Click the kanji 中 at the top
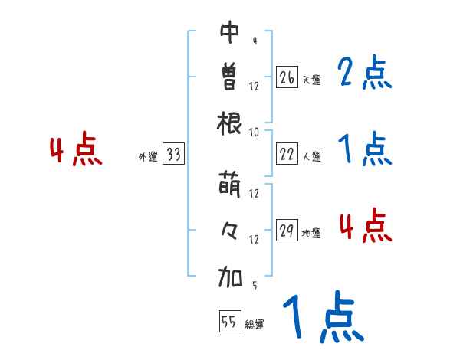point(230,32)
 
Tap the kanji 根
point(230,122)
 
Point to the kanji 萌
point(230,184)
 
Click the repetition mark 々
point(230,229)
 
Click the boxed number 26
point(287,77)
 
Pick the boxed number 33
point(173,155)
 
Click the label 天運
point(311,80)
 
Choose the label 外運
point(148,157)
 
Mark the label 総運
point(255,324)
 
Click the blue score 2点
point(364,74)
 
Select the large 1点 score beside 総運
point(322,318)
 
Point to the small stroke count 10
point(255,132)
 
